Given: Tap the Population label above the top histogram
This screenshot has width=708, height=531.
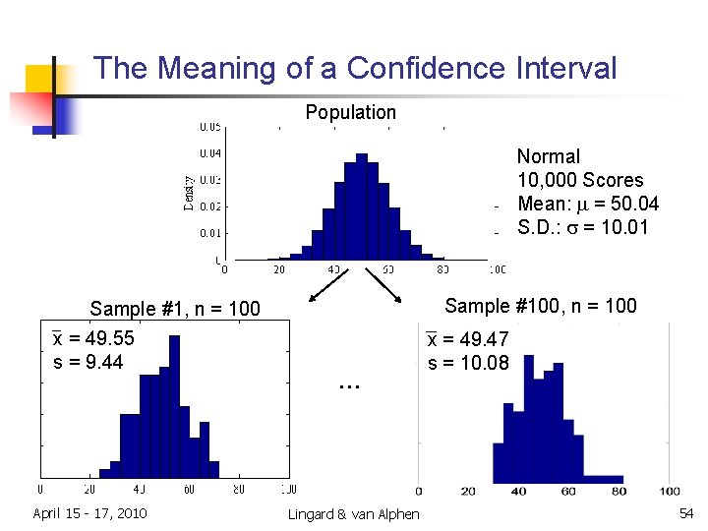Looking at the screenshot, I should pos(350,112).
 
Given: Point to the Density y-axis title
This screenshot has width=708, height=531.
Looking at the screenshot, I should pos(188,193).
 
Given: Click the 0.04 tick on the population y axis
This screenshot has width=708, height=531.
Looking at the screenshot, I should pos(210,153).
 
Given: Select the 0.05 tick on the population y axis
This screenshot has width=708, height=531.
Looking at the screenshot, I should pos(210,127).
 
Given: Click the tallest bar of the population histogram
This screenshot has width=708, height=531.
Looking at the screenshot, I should pos(361,206).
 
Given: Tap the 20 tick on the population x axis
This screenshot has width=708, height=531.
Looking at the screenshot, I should pos(279,268).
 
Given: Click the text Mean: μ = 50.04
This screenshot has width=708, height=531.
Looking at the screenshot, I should pos(587,204).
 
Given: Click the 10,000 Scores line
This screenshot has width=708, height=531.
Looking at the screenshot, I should pos(580,180).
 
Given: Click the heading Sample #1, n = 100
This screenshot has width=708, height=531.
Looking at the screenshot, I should pos(175,309).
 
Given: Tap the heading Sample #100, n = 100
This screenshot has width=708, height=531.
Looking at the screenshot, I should pos(541,306).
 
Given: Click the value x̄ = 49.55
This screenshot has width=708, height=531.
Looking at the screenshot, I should pos(93,339).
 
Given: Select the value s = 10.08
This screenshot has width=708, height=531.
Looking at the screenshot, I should pos(468,364).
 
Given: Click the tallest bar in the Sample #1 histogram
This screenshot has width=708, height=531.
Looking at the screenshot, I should pos(174,413).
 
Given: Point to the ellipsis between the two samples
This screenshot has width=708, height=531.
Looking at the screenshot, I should pos(349,385).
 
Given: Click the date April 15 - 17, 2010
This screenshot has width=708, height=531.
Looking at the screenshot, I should pos(89,513).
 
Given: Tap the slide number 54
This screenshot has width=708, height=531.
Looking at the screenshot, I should pos(685,513).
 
